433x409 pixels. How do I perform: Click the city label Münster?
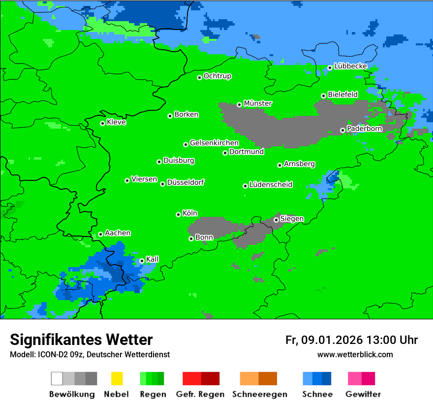click(x=258, y=103)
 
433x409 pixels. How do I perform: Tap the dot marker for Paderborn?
click(x=343, y=130)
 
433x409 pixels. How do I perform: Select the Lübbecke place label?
click(x=350, y=66)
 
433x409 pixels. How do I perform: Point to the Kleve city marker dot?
click(x=102, y=123)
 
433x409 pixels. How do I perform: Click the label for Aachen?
click(x=118, y=233)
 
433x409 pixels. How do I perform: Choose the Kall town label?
click(x=153, y=259)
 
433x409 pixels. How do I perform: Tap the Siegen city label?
click(x=292, y=219)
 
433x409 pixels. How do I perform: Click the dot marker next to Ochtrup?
click(x=199, y=77)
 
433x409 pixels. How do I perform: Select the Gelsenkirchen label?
click(x=214, y=143)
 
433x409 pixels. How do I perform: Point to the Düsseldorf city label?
click(x=186, y=182)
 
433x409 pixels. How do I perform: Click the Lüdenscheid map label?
click(x=271, y=185)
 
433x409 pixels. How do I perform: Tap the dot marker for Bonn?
click(x=191, y=239)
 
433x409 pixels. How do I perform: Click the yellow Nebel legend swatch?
click(x=117, y=378)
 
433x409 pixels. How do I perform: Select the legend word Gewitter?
click(x=363, y=394)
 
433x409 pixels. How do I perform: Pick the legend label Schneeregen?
click(x=259, y=394)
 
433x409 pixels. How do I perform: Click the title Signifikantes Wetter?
click(x=81, y=340)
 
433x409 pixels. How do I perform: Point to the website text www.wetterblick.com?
click(x=355, y=354)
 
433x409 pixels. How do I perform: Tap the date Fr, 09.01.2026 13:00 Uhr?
click(x=351, y=340)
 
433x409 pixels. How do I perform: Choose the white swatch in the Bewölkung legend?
click(x=57, y=378)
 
